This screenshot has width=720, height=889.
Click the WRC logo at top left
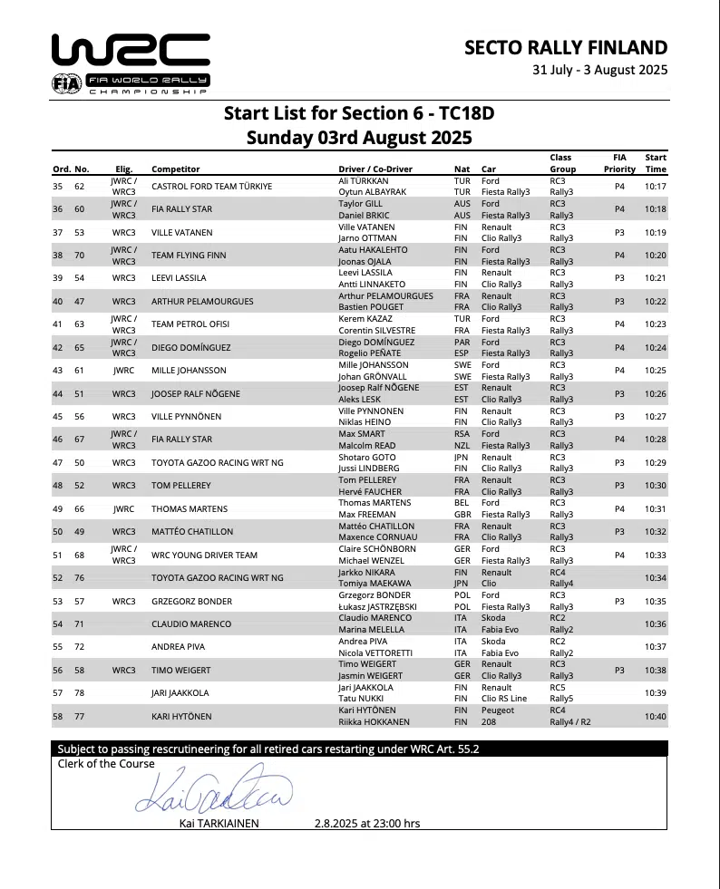click(131, 63)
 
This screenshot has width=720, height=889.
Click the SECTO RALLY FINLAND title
click(565, 48)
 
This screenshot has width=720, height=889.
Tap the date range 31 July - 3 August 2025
click(599, 70)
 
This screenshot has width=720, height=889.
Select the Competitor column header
click(176, 169)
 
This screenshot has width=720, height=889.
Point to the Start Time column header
click(656, 163)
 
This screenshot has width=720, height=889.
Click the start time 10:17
click(656, 187)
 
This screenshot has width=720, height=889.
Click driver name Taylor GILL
click(361, 204)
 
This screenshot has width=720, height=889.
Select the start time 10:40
click(656, 716)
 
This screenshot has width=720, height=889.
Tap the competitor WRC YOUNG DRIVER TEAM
click(204, 555)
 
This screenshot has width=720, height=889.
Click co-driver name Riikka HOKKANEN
click(375, 722)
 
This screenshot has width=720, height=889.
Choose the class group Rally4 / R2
click(574, 722)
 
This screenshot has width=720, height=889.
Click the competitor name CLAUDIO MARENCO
click(191, 623)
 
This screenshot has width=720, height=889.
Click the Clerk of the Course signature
click(214, 790)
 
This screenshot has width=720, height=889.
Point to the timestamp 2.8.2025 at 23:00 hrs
click(367, 824)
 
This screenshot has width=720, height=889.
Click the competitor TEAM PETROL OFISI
click(190, 324)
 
